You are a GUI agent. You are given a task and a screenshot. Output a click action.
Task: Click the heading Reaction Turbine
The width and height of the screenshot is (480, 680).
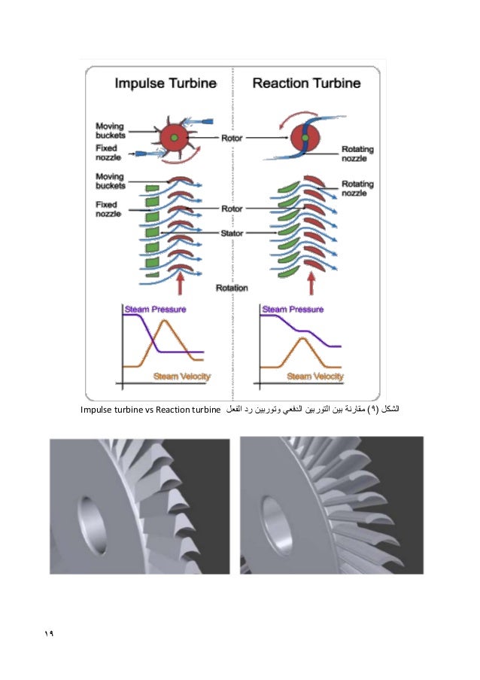point(306,83)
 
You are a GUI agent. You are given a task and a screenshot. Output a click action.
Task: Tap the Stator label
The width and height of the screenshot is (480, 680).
point(231,233)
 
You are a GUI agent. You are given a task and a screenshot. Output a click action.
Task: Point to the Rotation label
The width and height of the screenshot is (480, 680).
point(232,287)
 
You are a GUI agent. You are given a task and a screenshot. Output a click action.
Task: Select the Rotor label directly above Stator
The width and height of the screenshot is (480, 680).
point(231,209)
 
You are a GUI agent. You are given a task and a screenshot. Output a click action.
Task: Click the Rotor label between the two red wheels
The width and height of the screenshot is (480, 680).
point(231,139)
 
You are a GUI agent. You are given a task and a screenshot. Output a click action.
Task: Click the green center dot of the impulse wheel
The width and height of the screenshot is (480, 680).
point(174,139)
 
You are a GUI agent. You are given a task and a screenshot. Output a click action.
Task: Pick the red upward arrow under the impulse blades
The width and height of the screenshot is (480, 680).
point(180,285)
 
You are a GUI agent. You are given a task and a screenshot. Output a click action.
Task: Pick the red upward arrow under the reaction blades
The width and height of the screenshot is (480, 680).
point(311,285)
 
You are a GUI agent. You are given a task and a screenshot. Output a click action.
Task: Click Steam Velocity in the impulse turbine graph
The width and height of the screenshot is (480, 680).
point(181,376)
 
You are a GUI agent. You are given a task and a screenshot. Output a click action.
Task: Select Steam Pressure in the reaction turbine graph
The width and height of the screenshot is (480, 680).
point(293,309)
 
